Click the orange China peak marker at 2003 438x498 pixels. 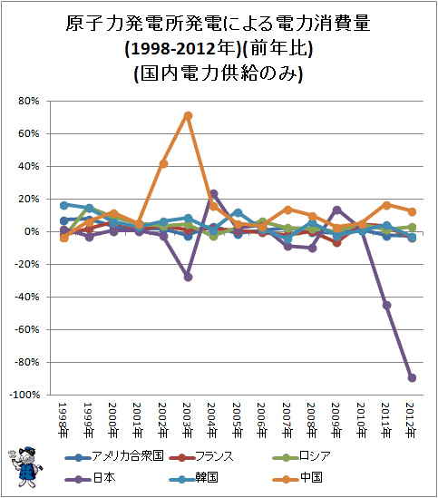[x=188, y=115]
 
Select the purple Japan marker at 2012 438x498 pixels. [x=412, y=377]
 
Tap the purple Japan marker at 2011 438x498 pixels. [x=387, y=305]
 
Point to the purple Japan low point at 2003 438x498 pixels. [x=188, y=278]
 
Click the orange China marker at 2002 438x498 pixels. [x=163, y=164]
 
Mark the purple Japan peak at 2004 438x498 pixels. [x=213, y=193]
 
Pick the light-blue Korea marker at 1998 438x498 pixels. [x=63, y=205]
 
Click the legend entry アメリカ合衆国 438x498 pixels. [x=114, y=456]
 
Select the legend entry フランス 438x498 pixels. [x=201, y=456]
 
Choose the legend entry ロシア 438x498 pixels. [x=302, y=456]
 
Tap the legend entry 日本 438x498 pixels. [x=90, y=478]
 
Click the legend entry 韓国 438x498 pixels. [x=193, y=478]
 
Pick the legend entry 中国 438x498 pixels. [x=297, y=478]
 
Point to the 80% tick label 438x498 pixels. [x=29, y=101]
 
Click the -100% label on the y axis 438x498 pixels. [x=24, y=395]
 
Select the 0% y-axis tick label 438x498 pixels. [x=32, y=231]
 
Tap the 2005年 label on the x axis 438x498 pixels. [x=238, y=420]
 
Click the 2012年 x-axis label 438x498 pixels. [x=412, y=420]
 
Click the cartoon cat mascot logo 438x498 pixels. [x=25, y=466]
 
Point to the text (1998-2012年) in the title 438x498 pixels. [x=183, y=49]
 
